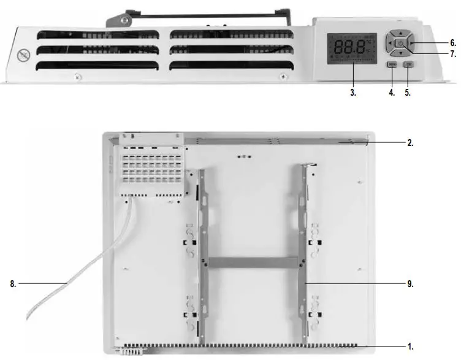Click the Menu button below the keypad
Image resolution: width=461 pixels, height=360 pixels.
(x=392, y=64)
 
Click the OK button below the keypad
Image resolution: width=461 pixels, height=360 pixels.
(x=408, y=64)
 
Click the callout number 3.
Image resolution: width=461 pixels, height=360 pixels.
(x=353, y=93)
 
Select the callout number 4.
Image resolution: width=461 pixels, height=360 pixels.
(x=391, y=93)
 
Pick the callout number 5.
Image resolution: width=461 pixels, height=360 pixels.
(x=408, y=93)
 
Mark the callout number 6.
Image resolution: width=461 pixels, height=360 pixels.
(x=452, y=43)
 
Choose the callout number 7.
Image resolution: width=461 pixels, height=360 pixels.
(x=452, y=55)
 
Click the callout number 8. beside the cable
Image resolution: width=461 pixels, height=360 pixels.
(x=12, y=283)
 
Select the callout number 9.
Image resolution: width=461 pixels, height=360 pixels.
(x=410, y=283)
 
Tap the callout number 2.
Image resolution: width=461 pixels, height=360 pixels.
(x=410, y=142)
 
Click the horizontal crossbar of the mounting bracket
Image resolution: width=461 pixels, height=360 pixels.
(x=254, y=262)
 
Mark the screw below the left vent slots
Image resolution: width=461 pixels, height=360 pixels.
(x=76, y=76)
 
